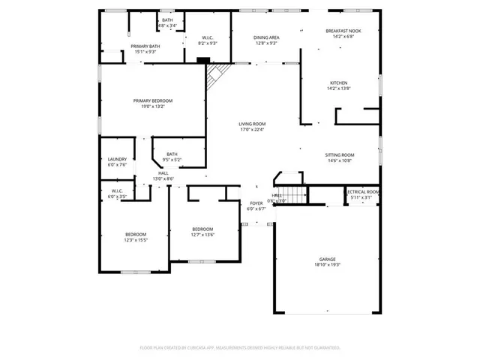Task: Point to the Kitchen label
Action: point(339,82)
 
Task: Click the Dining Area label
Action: point(266,37)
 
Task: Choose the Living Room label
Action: point(252,124)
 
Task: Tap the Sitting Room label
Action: point(340,154)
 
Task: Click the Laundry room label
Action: point(117,159)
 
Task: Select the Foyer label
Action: point(256,203)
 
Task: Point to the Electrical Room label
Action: point(362,192)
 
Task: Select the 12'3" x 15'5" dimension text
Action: point(136,240)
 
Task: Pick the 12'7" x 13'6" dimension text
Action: point(202,235)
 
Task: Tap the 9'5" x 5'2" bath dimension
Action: point(172,160)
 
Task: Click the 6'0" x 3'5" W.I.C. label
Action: point(117,196)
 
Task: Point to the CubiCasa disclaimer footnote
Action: point(240,347)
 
